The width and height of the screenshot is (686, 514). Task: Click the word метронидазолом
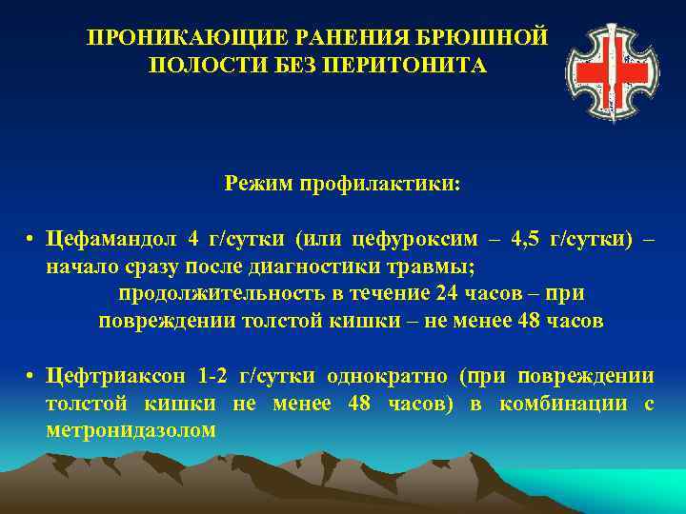pos(131,431)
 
